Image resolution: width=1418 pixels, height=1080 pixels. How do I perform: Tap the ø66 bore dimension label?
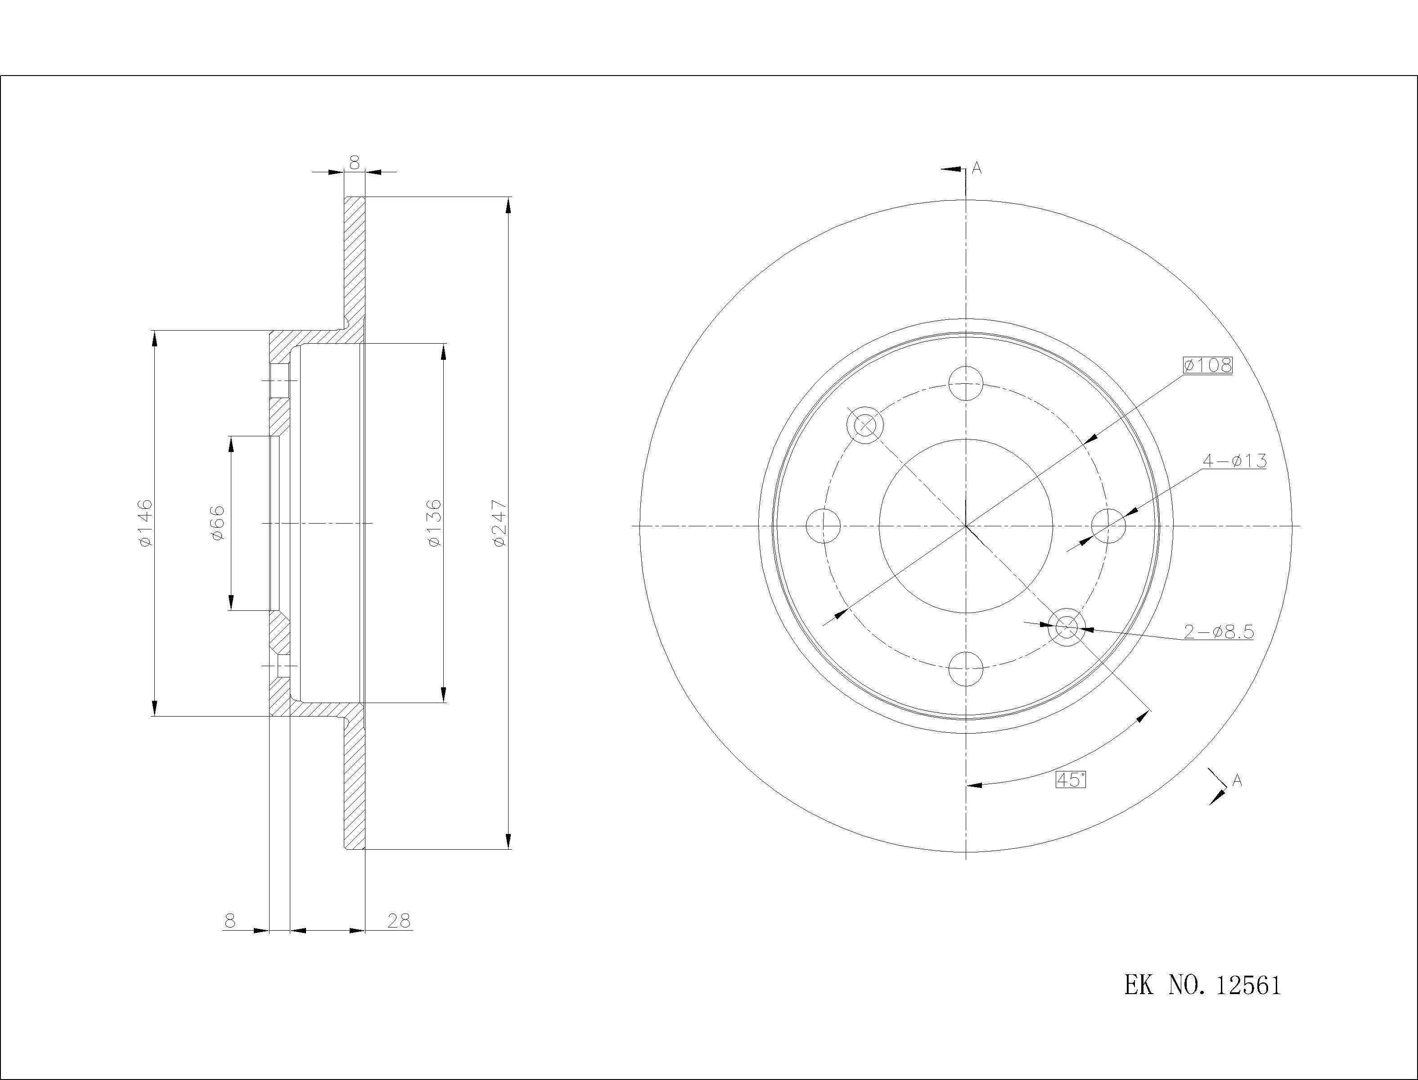217,523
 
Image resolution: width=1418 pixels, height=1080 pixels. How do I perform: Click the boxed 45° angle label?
1071,780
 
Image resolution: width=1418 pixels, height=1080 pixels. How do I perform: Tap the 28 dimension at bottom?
399,921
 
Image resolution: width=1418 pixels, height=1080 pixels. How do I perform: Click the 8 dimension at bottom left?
230,921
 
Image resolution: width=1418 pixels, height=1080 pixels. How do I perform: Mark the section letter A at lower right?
1237,780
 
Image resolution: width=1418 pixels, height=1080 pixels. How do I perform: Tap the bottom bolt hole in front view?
966,668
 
